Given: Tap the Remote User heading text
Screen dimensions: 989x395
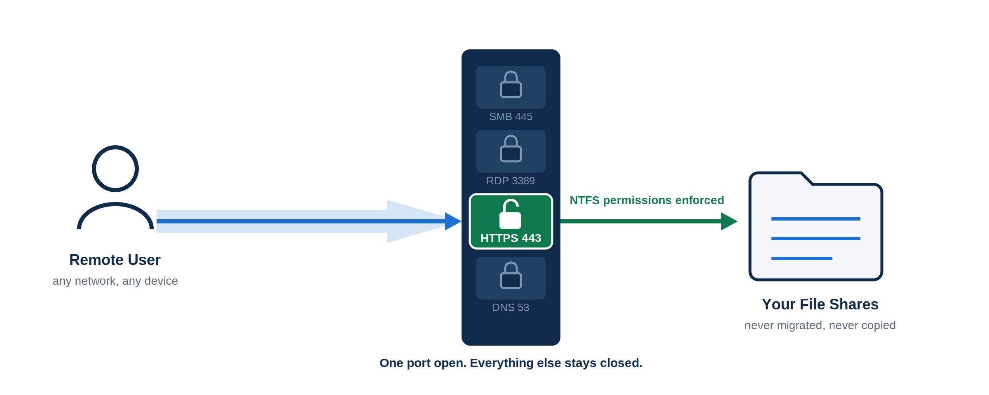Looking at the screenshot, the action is click(115, 260).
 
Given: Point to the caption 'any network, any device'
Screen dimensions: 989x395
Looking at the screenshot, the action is click(115, 281).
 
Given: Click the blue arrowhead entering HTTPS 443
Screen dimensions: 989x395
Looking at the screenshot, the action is click(453, 221).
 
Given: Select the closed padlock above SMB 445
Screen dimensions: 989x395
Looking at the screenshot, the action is click(511, 84).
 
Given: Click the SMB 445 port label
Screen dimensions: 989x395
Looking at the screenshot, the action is click(511, 116).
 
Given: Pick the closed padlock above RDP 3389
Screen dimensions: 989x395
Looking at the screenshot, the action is click(511, 149).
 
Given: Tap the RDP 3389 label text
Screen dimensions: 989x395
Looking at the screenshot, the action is click(511, 181).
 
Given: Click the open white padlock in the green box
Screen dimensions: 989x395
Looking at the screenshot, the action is click(510, 214).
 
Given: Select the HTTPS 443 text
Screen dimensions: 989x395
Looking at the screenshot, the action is click(511, 238).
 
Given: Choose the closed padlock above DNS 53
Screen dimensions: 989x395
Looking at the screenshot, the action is click(511, 275).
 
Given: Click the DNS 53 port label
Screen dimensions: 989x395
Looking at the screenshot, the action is click(511, 307).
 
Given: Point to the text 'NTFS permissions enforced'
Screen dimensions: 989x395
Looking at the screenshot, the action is click(647, 200).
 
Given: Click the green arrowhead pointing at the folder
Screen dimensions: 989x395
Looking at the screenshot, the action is click(729, 221).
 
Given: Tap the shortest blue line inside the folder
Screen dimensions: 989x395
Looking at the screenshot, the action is click(802, 258).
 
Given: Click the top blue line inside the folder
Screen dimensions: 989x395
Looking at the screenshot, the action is click(816, 219).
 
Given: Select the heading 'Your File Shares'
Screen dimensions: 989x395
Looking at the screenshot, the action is click(820, 304).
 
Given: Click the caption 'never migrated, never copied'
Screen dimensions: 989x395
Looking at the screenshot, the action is click(820, 325).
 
